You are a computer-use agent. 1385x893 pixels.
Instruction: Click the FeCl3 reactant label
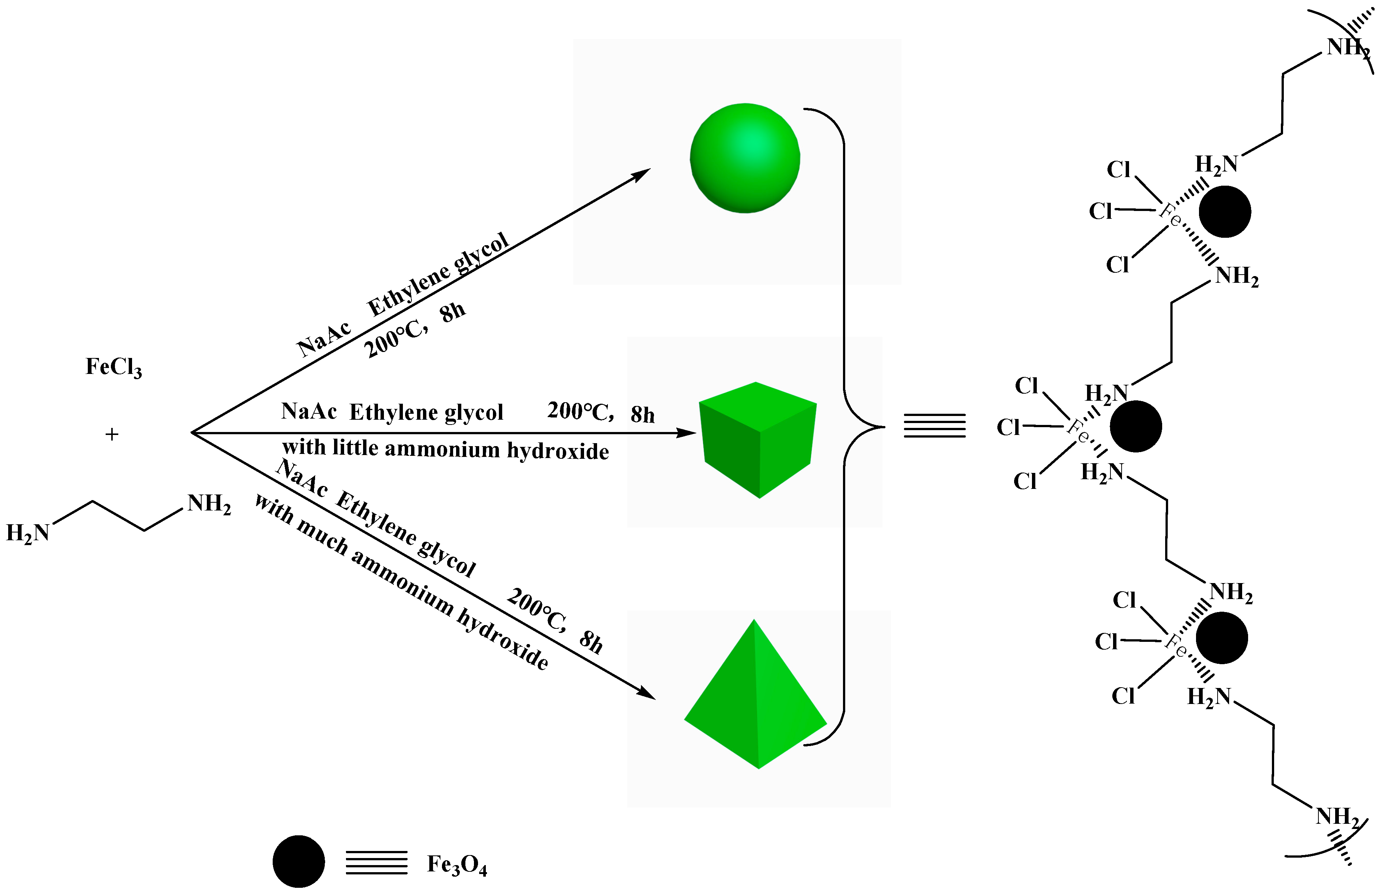pos(113,367)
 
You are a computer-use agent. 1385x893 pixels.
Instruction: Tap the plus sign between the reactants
pos(112,434)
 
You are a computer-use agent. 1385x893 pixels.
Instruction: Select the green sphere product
pos(745,158)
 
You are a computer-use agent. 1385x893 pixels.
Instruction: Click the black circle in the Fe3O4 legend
pos(299,861)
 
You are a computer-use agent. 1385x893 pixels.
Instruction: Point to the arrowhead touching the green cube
pos(687,433)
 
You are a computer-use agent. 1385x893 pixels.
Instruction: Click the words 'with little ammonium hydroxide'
pos(445,449)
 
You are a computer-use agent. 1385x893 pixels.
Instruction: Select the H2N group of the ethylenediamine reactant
pos(27,533)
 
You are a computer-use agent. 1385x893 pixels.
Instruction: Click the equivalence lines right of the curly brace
pos(934,426)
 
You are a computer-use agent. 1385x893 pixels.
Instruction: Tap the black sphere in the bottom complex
pos(1222,638)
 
